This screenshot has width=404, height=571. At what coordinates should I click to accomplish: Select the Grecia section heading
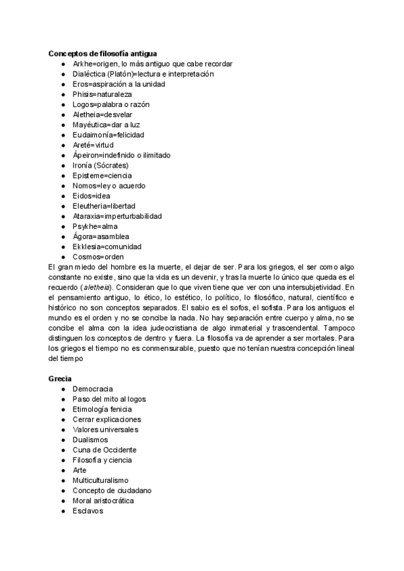coord(60,378)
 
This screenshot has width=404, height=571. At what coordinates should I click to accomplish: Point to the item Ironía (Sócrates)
coord(100,165)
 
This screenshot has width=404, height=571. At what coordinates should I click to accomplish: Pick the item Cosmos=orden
coord(98,257)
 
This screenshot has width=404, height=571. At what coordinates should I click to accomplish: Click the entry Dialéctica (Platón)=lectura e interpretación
coord(143,73)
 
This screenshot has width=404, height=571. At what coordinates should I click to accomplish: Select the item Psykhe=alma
coord(95,226)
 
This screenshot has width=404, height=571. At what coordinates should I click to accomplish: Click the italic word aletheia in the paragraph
coord(98,287)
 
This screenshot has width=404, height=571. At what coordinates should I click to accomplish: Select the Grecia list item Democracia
coord(92,389)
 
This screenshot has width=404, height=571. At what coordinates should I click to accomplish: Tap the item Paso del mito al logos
coord(109,399)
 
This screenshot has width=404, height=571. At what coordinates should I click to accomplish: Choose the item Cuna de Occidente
coord(104,450)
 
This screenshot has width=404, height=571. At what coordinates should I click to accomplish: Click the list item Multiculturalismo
coord(100,480)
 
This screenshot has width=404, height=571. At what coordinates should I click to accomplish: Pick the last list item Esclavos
coord(88,510)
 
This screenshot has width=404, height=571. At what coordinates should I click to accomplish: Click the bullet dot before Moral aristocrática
coord(63,501)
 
